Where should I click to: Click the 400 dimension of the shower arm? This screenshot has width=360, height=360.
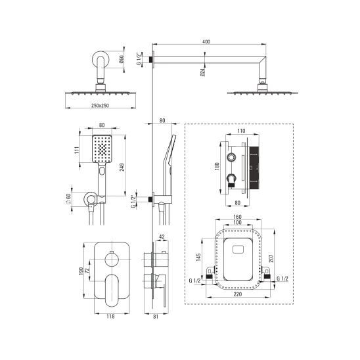(206, 42)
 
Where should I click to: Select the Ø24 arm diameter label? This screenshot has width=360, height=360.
(202, 72)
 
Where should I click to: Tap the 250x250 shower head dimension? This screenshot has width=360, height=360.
(100, 106)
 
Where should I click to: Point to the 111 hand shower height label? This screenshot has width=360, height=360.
(77, 150)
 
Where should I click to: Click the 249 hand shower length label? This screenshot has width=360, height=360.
(122, 167)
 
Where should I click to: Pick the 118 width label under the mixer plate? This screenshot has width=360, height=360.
(110, 317)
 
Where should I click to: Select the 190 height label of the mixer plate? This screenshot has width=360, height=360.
(81, 271)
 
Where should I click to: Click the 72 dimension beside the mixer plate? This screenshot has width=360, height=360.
(87, 271)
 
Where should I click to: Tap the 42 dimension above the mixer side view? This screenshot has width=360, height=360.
(162, 237)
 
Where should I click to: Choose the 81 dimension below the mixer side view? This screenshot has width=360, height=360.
(156, 317)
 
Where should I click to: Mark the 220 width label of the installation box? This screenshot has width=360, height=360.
(238, 294)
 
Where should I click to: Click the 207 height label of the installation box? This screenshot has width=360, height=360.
(271, 259)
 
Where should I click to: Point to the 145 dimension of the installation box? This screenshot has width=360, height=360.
(198, 257)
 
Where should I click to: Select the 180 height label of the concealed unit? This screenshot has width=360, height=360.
(217, 166)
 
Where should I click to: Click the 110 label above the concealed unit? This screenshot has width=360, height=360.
(241, 131)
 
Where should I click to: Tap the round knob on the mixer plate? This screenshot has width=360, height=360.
(112, 259)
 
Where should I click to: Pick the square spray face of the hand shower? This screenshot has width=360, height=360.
(102, 149)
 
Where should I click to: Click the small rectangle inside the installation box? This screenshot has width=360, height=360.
(238, 250)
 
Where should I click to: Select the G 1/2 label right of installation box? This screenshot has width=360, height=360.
(282, 279)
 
